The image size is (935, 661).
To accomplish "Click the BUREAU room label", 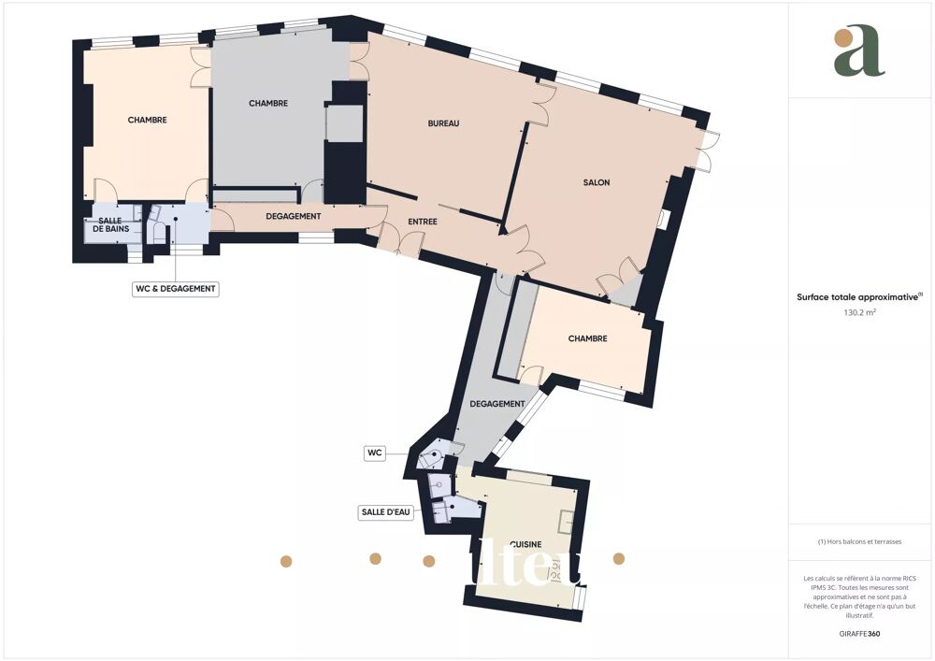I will (x=443, y=123).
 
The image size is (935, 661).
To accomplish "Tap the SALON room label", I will (x=597, y=182).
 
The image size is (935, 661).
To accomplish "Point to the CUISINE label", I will (x=526, y=543).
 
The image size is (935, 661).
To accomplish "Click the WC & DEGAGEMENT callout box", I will (x=176, y=289).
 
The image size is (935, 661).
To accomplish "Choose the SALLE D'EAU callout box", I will (x=386, y=512).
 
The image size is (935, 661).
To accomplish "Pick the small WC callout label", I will (x=375, y=453).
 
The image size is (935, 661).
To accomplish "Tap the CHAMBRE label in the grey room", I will (x=268, y=103).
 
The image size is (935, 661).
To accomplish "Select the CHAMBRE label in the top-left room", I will (x=147, y=120).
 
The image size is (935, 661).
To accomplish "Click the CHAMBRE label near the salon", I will (x=587, y=338).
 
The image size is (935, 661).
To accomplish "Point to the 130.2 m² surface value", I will (x=860, y=314).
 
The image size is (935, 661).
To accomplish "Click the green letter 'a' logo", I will (x=858, y=52).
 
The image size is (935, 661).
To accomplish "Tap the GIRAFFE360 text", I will (x=860, y=634).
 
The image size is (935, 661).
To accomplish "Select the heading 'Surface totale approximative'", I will (x=858, y=296).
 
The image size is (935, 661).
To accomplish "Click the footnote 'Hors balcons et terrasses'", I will (x=860, y=541).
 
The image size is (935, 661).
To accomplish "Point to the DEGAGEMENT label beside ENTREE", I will (x=293, y=216).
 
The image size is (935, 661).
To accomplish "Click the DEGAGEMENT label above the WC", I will (x=496, y=404).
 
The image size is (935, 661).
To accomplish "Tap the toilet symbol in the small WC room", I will (x=432, y=458).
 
